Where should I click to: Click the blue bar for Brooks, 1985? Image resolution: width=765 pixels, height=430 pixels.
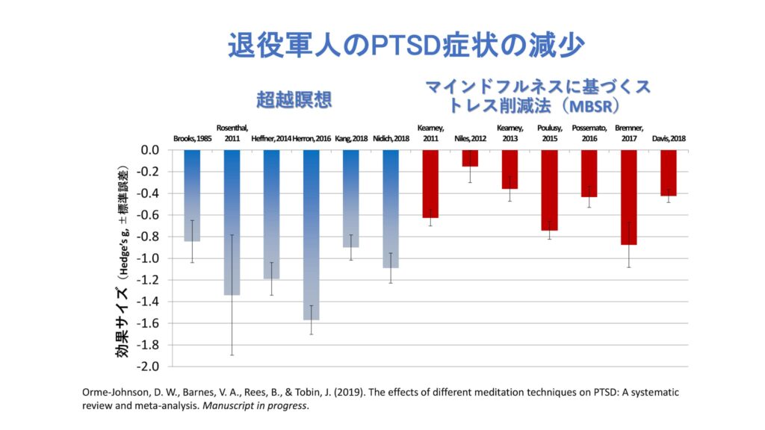click(x=192, y=196)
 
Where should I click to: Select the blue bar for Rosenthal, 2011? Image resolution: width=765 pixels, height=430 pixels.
click(x=232, y=222)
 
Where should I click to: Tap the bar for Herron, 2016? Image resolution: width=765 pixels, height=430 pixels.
click(x=311, y=234)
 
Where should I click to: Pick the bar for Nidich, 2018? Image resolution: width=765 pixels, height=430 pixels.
click(x=391, y=209)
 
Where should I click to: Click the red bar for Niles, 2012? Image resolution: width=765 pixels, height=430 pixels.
click(x=470, y=158)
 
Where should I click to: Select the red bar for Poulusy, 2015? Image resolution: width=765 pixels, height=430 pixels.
click(x=549, y=190)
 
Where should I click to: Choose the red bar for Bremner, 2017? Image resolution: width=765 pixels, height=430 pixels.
click(x=628, y=197)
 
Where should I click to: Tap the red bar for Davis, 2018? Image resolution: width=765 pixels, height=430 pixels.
click(x=668, y=172)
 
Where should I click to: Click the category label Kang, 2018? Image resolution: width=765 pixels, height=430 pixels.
click(x=350, y=138)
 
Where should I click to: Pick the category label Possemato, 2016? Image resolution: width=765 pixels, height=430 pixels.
click(x=589, y=133)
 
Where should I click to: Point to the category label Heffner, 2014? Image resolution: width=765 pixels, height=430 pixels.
click(x=270, y=138)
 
